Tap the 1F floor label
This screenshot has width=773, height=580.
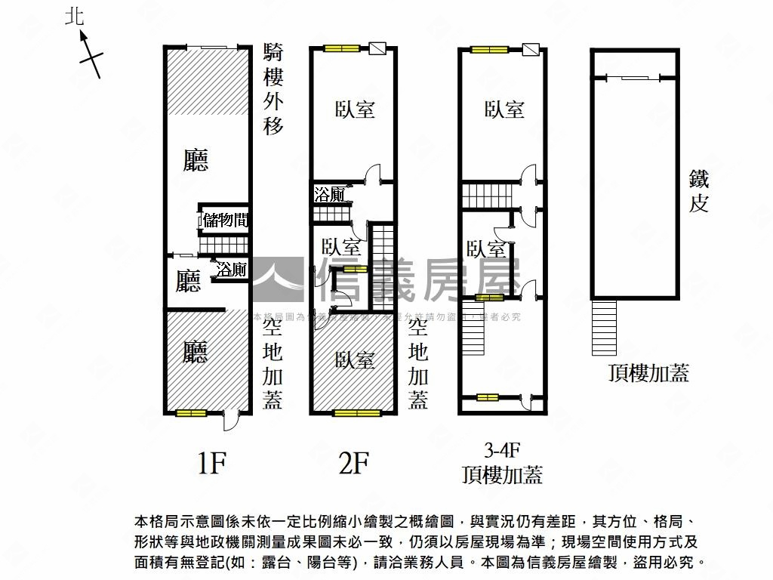coord(211,462)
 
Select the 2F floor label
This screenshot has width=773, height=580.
coord(353,462)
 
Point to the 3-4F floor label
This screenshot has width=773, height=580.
coord(503,451)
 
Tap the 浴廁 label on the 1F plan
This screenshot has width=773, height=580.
coord(231,270)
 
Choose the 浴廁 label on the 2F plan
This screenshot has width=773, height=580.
coord(329,195)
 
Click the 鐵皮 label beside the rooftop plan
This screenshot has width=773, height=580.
coord(699,191)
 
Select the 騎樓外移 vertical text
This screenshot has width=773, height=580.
coord(273,89)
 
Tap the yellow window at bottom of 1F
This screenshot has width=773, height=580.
coord(191,413)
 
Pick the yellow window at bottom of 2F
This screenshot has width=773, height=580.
coord(357,413)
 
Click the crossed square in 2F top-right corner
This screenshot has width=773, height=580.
coord(379,50)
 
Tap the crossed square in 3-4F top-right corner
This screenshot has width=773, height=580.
coord(531,50)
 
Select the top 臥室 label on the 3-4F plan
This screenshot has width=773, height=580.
coord(504,110)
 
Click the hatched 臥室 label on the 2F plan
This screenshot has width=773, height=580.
coord(355,360)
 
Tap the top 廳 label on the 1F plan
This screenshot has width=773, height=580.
coord(196,161)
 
